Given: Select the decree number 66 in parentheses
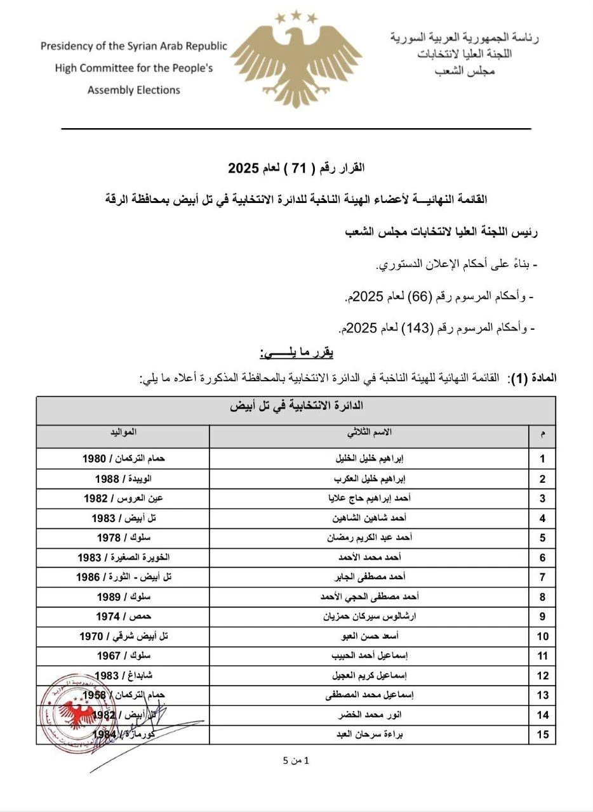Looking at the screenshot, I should [422, 296].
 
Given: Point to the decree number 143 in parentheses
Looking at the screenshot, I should [419, 327].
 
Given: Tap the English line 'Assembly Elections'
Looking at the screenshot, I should [133, 90].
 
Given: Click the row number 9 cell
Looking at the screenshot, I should [542, 615].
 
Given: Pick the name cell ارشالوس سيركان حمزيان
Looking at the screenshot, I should [369, 615].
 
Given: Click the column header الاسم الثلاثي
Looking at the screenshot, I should [369, 432].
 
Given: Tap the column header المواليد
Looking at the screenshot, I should [122, 432].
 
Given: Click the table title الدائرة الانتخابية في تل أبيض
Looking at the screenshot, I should [296, 406].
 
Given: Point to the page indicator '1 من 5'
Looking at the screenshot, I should [296, 760].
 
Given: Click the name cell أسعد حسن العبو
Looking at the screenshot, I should [369, 635].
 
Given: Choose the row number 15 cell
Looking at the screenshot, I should [542, 734].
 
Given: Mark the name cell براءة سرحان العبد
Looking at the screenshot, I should [369, 734].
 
